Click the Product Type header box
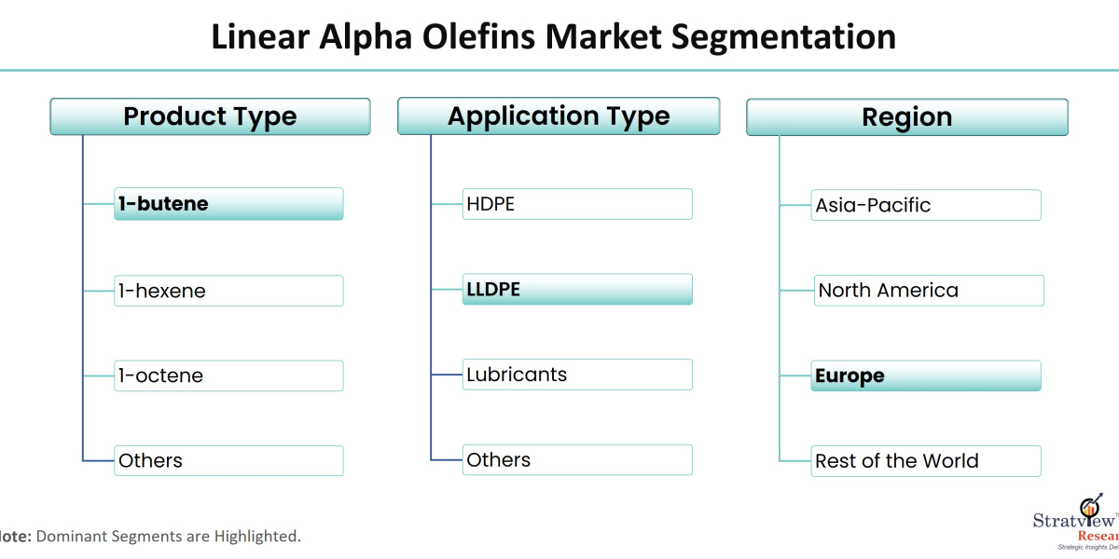pyautogui.click(x=210, y=117)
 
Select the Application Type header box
pyautogui.click(x=559, y=116)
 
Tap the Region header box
pyautogui.click(x=907, y=117)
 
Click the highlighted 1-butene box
pyautogui.click(x=228, y=204)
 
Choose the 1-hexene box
pyautogui.click(x=228, y=291)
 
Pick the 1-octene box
pyautogui.click(x=228, y=375)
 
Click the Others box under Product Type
pyautogui.click(x=228, y=460)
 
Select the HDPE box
pyautogui.click(x=577, y=204)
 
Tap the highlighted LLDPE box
pyautogui.click(x=577, y=289)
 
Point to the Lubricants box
pyautogui.click(x=577, y=375)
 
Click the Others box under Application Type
pyautogui.click(x=577, y=460)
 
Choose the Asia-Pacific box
pyautogui.click(x=926, y=205)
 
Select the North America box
pyautogui.click(x=929, y=291)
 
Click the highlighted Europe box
pyautogui.click(x=926, y=376)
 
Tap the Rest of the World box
pyautogui.click(x=926, y=461)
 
